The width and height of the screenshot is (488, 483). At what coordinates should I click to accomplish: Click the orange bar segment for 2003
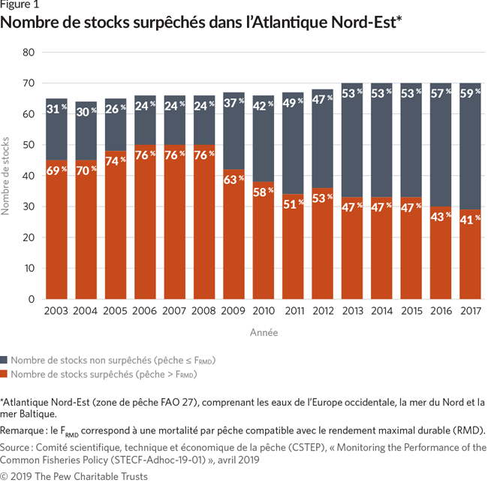56,240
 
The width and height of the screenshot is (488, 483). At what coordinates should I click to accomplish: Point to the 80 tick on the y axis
29,53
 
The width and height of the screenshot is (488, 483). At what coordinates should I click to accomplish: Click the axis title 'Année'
264,332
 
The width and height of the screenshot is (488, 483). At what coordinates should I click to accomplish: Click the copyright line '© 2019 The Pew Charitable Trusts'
74,476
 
